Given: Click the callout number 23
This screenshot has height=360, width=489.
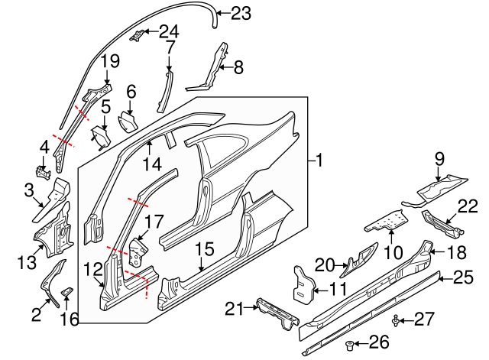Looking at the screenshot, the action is (241, 14).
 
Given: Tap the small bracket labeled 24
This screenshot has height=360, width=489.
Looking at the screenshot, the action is (137, 34).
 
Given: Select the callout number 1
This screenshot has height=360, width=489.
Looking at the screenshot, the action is (319, 161).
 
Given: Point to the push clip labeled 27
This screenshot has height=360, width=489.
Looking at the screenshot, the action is (396, 320).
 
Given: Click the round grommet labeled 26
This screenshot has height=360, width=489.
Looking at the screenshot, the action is (350, 345).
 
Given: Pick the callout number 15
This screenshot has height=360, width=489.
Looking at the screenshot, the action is (205, 249).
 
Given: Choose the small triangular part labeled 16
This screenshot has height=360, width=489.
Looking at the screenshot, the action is (66, 292).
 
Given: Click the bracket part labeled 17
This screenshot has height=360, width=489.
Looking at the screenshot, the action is (138, 252).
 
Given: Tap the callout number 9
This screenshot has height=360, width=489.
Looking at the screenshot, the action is (439, 159).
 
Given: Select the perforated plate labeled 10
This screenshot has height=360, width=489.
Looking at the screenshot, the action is (387, 222).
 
